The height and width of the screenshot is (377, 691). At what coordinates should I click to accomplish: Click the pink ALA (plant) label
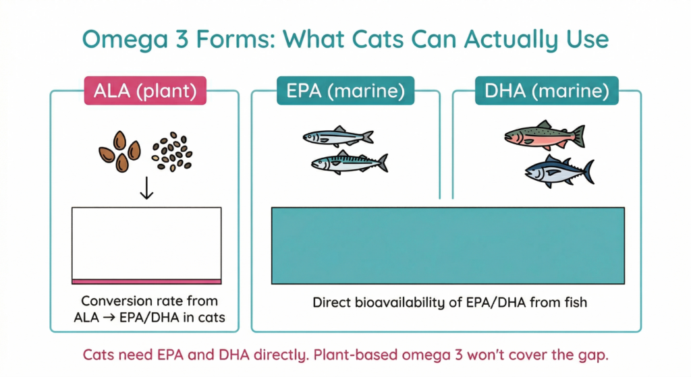point(146,92)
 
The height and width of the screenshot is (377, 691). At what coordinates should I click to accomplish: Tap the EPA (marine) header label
point(345,92)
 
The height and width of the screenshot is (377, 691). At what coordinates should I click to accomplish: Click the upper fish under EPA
point(337,137)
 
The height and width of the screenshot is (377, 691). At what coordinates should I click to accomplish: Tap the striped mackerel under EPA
point(348,163)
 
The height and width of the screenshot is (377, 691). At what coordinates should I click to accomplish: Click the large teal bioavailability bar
point(447,245)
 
